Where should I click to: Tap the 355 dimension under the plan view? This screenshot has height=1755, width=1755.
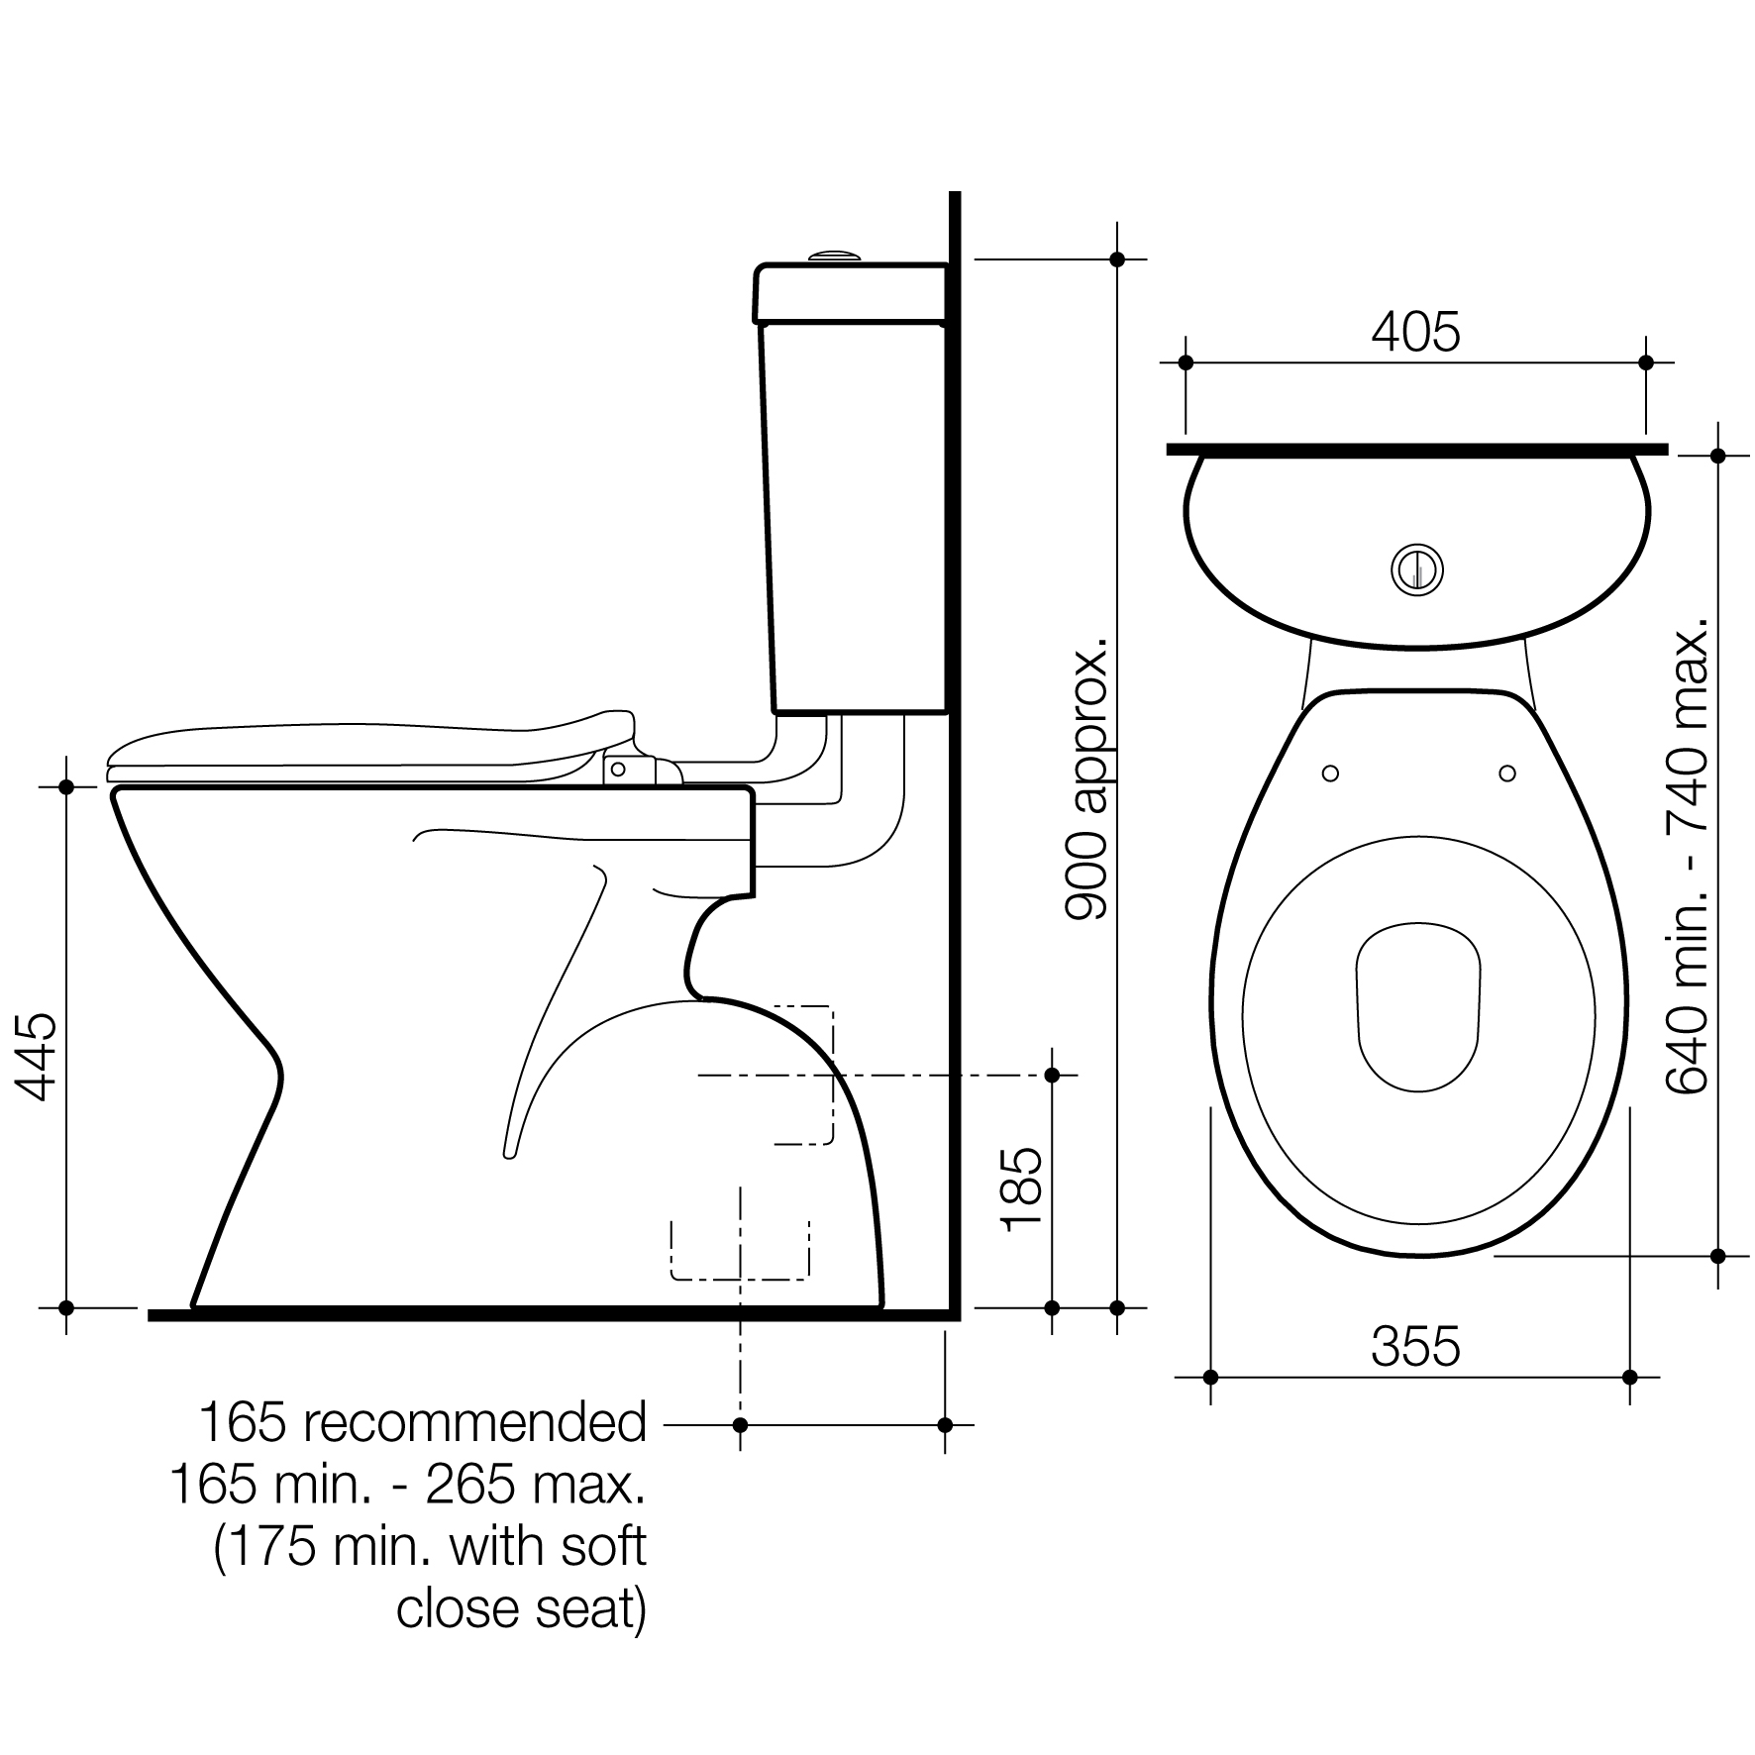pyautogui.click(x=1415, y=1346)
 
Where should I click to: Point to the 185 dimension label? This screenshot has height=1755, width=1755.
pyautogui.click(x=1022, y=1190)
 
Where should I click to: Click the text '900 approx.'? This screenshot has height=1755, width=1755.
pyautogui.click(x=1086, y=780)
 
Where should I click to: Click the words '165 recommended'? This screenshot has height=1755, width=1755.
pyautogui.click(x=423, y=1422)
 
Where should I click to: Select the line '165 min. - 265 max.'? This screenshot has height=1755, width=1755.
pyautogui.click(x=408, y=1484)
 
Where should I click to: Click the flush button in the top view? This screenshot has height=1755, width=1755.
pyautogui.click(x=1417, y=569)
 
